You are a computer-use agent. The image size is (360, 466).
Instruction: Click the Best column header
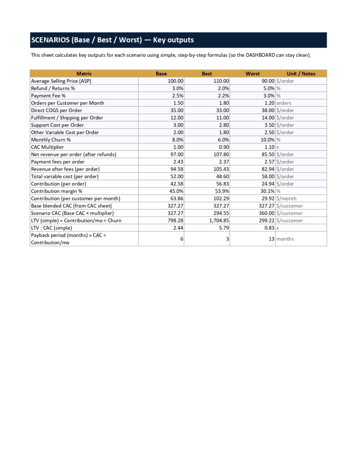coord(207,74)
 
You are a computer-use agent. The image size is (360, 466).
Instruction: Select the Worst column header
coord(252,74)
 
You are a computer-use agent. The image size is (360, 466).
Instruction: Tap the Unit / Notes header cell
coord(301,74)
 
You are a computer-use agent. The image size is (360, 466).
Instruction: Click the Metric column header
coord(84,74)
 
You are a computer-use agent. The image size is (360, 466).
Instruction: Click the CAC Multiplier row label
coord(47,147)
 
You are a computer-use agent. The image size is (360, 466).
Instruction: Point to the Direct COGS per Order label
coord(57,110)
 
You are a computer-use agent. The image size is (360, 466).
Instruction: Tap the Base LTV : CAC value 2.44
coord(178,228)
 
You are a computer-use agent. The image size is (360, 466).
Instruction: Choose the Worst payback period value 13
coord(271,239)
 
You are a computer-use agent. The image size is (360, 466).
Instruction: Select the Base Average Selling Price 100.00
coord(175,81)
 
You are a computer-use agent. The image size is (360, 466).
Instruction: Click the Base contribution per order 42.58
coord(176,184)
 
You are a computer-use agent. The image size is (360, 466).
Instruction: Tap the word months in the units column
coord(285,239)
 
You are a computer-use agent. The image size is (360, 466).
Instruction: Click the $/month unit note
coord(287,199)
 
